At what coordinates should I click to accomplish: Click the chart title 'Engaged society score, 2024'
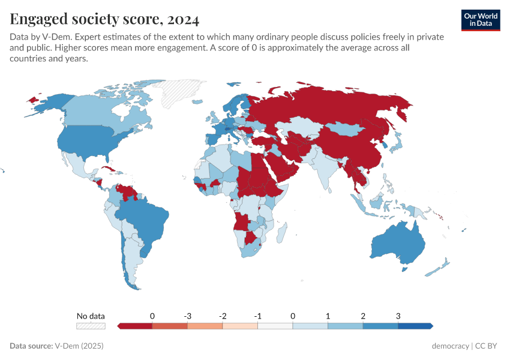pyautogui.click(x=104, y=19)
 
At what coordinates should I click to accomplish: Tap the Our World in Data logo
pyautogui.click(x=481, y=20)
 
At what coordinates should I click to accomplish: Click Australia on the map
pyautogui.click(x=400, y=243)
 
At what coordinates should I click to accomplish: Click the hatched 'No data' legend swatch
pyautogui.click(x=91, y=326)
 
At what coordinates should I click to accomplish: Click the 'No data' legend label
pyautogui.click(x=91, y=316)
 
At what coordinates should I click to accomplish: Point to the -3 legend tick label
pyautogui.click(x=187, y=316)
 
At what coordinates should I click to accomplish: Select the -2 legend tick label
pyautogui.click(x=223, y=316)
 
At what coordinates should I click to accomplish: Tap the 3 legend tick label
pyautogui.click(x=398, y=316)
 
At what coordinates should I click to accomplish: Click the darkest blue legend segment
pyautogui.click(x=415, y=326)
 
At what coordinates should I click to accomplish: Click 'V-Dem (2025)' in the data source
pyautogui.click(x=79, y=346)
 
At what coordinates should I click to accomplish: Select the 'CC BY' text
pyautogui.click(x=487, y=346)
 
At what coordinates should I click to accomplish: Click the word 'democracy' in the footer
pyautogui.click(x=451, y=346)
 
